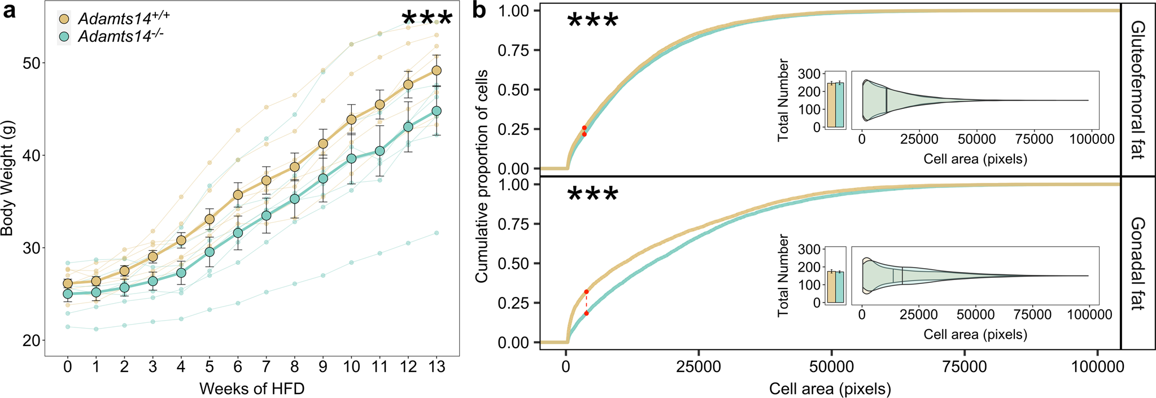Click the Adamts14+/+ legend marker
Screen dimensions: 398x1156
point(64,19)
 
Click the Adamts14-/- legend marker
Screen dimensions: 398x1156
point(64,37)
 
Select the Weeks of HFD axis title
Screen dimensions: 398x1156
point(252,388)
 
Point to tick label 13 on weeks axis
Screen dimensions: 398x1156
point(435,368)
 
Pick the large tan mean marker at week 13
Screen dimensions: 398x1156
point(436,71)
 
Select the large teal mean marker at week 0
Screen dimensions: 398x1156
point(68,294)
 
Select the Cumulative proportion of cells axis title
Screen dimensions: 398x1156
point(481,177)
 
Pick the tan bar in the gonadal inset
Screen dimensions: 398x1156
point(831,287)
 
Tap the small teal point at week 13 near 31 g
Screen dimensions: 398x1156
point(436,233)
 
